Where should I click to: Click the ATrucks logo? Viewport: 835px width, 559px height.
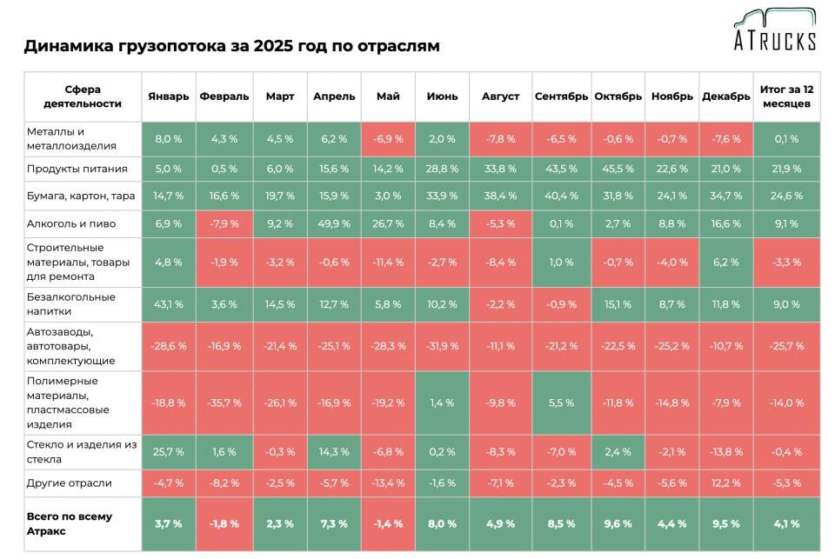coord(773,30)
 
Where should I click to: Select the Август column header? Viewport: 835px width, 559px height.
coord(500,96)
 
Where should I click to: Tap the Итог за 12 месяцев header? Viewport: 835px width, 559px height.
coord(785,96)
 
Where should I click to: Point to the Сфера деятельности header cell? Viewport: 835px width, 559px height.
coord(83,96)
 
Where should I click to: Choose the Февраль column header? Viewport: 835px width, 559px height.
coord(224,96)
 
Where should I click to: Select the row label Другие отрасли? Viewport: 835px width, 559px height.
coord(69,482)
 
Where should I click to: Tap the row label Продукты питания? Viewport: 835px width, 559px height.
coord(77,169)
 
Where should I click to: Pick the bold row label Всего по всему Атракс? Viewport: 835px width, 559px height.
coord(69,523)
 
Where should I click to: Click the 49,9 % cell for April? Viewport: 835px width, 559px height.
coord(334,223)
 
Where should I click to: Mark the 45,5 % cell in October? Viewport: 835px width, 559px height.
coord(618,169)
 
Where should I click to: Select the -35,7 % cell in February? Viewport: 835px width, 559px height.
coord(224,403)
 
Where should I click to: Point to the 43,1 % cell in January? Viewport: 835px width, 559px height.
coord(168,304)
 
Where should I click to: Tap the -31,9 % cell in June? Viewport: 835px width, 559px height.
coord(442,346)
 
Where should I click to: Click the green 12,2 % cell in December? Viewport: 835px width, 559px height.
coord(725,482)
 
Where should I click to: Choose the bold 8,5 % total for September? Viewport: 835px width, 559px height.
coord(561,523)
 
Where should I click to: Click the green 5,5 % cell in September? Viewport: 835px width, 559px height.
coord(561,403)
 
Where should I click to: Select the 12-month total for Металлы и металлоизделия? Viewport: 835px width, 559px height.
coord(785,139)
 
